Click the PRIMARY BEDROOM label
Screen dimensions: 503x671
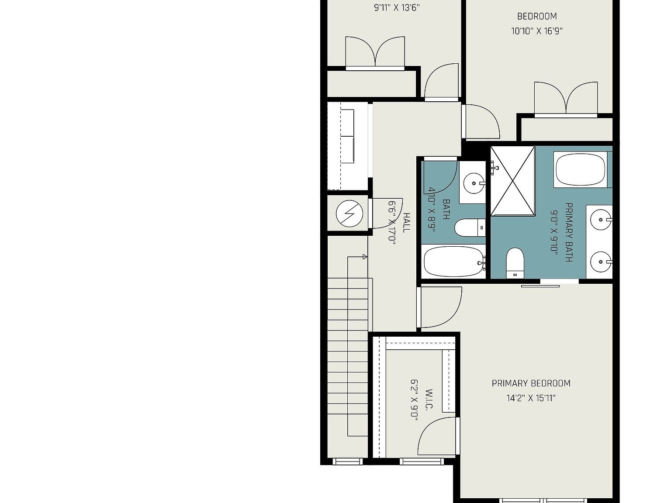click(x=531, y=383)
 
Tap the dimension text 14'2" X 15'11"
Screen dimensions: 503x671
click(x=531, y=398)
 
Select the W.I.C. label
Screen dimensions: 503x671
click(x=429, y=400)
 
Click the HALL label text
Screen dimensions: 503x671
click(x=406, y=223)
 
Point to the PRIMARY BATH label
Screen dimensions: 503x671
click(x=569, y=232)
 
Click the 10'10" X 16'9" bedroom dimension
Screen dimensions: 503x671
click(x=537, y=31)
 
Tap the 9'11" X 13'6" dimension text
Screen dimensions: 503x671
click(x=397, y=7)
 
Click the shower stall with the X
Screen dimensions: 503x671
click(x=513, y=181)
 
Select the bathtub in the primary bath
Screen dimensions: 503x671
click(x=580, y=169)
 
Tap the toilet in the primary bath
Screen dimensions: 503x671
click(x=515, y=262)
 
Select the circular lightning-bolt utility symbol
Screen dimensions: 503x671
click(x=349, y=214)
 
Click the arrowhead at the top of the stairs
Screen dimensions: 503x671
click(x=365, y=257)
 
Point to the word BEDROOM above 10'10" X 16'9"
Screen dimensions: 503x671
click(x=537, y=17)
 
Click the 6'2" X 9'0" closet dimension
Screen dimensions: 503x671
click(x=414, y=400)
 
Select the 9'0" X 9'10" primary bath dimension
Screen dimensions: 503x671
click(x=554, y=232)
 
